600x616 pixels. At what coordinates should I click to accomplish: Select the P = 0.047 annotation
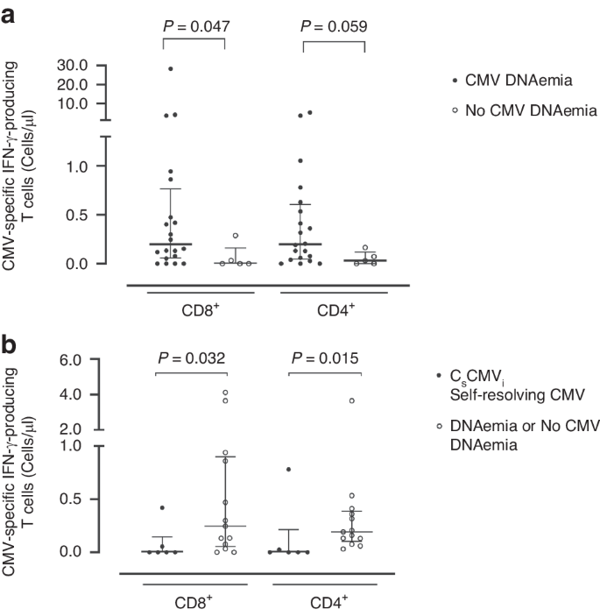click(x=196, y=26)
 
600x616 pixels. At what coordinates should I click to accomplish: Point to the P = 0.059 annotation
click(x=333, y=26)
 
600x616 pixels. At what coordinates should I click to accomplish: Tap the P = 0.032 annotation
click(x=190, y=358)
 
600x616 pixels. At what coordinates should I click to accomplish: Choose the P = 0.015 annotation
click(x=326, y=358)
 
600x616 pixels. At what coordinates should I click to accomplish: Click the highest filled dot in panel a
click(x=171, y=68)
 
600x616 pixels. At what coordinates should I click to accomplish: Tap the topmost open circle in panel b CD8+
click(x=225, y=393)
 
